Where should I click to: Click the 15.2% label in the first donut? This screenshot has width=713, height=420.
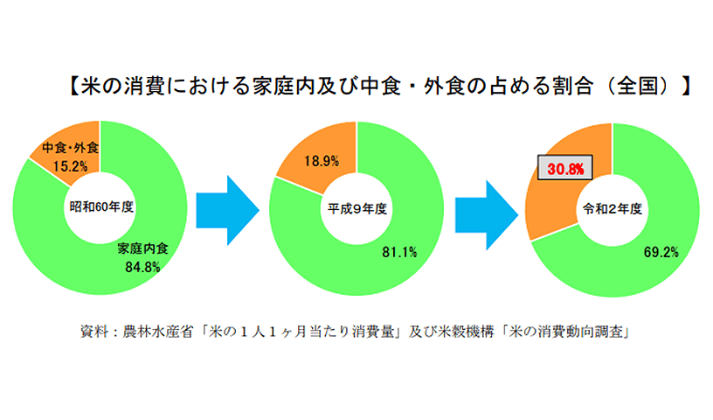click(70, 166)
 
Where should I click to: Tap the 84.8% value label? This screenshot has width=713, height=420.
click(142, 267)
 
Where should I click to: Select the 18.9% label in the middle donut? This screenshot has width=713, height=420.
click(322, 161)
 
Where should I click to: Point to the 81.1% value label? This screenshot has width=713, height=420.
click(399, 252)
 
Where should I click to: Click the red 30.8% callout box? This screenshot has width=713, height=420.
click(565, 168)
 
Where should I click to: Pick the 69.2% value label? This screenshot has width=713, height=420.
click(661, 252)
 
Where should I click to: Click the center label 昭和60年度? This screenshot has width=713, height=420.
click(101, 206)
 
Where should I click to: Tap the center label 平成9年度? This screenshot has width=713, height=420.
click(357, 208)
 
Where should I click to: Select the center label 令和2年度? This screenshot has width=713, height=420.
click(613, 208)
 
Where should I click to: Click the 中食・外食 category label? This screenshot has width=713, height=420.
click(71, 148)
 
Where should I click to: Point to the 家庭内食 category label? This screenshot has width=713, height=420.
click(142, 248)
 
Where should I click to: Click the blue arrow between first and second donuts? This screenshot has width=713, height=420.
click(228, 211)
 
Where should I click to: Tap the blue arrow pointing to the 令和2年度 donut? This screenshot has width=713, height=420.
click(487, 215)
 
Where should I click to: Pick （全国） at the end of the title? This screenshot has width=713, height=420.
click(639, 86)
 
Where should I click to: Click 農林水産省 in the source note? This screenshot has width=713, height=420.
click(158, 331)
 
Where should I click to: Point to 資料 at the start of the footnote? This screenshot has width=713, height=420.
click(94, 331)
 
